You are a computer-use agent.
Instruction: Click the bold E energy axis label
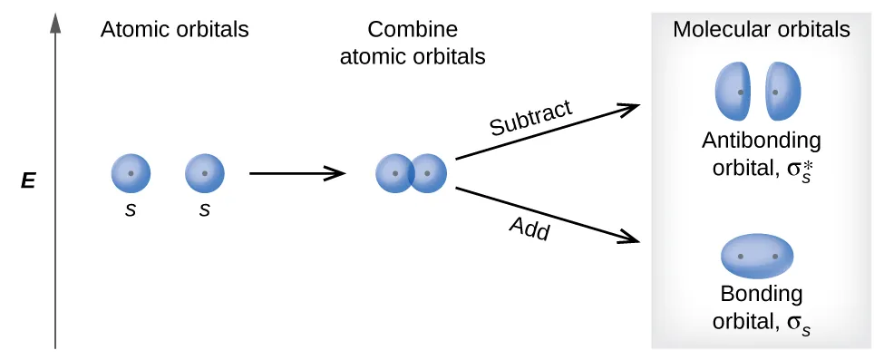(28, 181)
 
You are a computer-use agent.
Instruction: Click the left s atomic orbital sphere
(131, 173)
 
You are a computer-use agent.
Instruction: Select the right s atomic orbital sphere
(205, 173)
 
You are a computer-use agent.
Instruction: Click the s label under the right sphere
(205, 209)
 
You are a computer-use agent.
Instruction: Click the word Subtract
(530, 118)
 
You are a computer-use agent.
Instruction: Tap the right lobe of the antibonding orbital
(783, 92)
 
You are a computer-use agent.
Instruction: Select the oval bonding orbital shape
(757, 257)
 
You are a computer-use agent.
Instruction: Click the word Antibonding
(761, 141)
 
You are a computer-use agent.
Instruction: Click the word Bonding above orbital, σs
(761, 294)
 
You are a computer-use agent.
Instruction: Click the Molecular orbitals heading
(761, 30)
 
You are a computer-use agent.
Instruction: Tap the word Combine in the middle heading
(413, 30)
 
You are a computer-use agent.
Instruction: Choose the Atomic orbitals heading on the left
(174, 30)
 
